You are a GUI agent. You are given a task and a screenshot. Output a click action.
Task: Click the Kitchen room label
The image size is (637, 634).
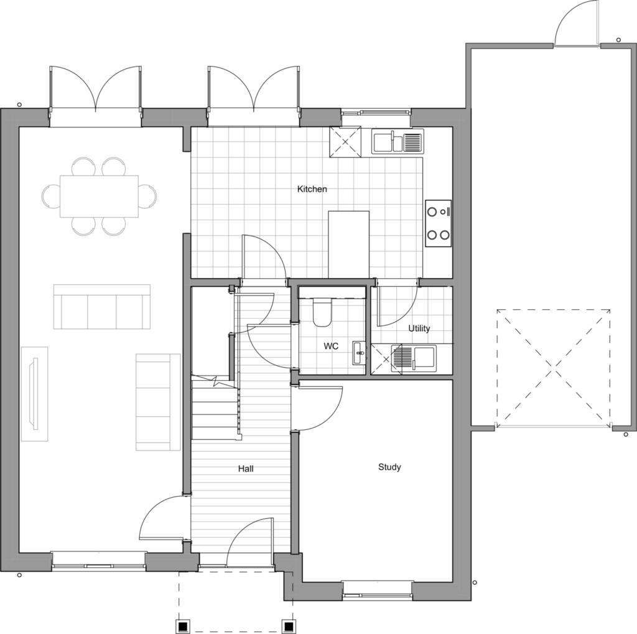coord(312,189)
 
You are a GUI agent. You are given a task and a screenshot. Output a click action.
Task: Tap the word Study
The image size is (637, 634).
coord(389,467)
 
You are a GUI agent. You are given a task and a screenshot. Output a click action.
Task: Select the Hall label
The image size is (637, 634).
coord(246,469)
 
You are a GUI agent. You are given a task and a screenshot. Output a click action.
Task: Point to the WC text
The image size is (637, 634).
coord(331,347)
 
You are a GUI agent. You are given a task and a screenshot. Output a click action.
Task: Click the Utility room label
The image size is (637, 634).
coord(419,329)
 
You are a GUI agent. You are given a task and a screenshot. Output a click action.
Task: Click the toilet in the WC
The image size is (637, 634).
coord(323,312)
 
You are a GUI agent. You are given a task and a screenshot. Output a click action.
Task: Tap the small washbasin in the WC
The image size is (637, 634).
coord(359,353)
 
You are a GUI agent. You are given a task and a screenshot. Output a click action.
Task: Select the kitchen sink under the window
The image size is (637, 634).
coord(398,141)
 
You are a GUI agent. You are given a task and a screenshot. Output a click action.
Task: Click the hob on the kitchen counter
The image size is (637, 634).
coord(439,223)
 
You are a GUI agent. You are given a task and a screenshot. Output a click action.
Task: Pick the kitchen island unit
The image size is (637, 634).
coord(348,245)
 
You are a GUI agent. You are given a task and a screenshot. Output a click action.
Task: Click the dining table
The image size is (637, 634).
coord(99,196)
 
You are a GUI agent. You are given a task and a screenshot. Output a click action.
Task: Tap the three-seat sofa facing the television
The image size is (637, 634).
coord(102,307)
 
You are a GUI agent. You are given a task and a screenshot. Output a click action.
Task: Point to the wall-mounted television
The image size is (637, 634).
coord(34,393)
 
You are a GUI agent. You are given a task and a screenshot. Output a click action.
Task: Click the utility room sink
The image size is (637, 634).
coord(414,358)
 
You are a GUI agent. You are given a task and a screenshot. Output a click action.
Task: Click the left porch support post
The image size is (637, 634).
coord(183,625)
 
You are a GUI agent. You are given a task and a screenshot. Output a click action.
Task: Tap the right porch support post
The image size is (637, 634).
coord(289,625)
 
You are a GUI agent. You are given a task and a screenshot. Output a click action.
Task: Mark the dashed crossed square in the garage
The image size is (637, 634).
coord(553,368)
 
